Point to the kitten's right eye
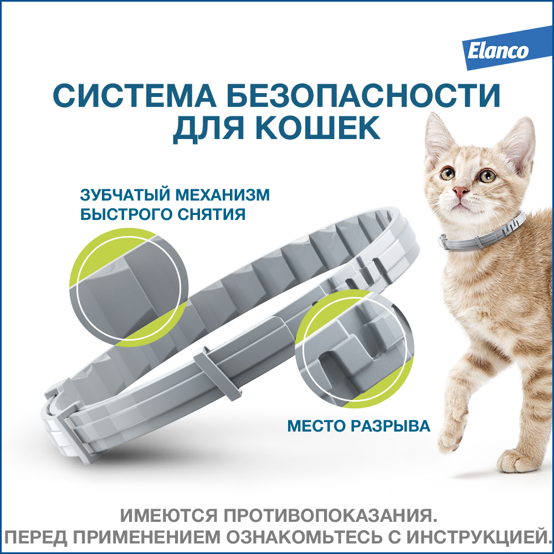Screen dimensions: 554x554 tap(488, 176)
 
